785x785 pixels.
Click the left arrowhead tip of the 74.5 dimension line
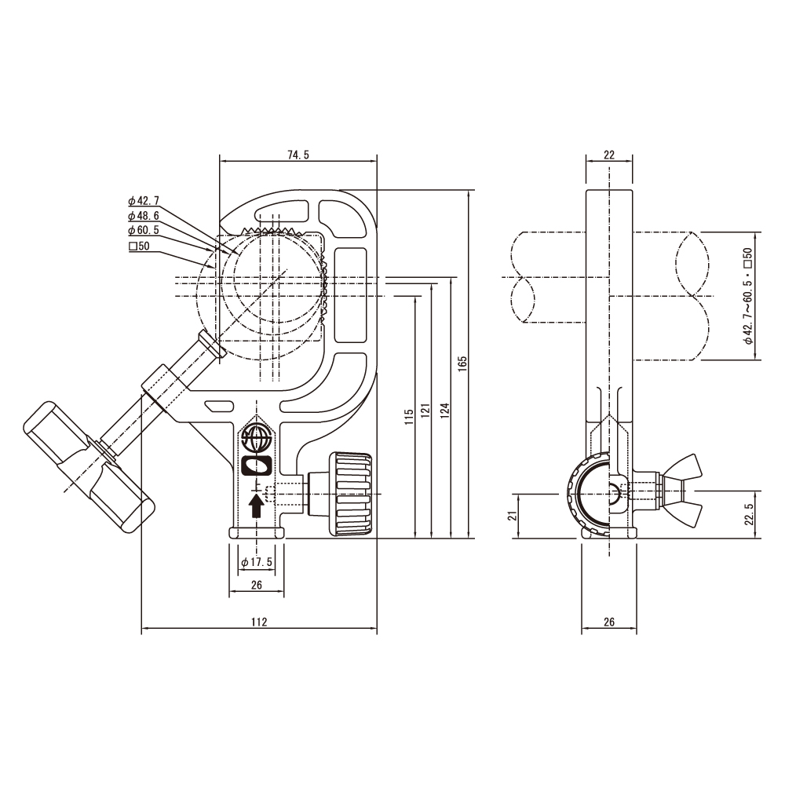(x=221, y=161)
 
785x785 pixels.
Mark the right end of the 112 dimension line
(x=377, y=628)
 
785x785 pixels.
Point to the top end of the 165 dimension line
(x=469, y=190)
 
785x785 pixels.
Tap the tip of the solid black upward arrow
(x=257, y=494)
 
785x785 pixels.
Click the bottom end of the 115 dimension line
(x=415, y=539)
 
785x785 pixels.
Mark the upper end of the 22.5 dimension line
(x=754, y=491)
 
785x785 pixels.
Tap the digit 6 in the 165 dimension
(x=462, y=363)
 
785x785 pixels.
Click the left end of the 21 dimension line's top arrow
(x=513, y=494)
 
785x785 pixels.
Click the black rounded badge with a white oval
(x=257, y=466)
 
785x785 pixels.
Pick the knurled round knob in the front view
(x=350, y=495)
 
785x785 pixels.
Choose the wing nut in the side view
(x=680, y=491)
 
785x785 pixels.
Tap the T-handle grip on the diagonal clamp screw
(x=89, y=466)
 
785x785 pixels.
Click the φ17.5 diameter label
(x=257, y=562)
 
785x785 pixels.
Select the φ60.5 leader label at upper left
(x=144, y=230)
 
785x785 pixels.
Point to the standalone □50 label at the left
(x=139, y=246)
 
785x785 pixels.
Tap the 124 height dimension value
(x=445, y=410)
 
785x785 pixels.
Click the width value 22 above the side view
(x=609, y=155)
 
